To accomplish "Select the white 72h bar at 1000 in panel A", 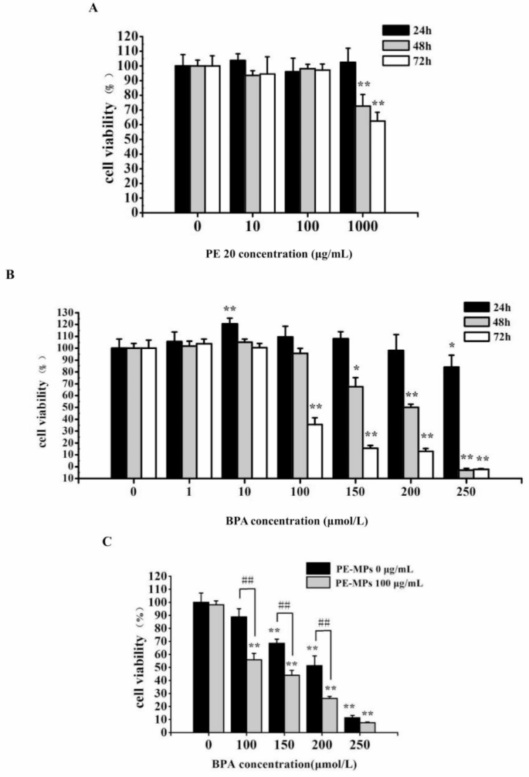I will tap(378, 165).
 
